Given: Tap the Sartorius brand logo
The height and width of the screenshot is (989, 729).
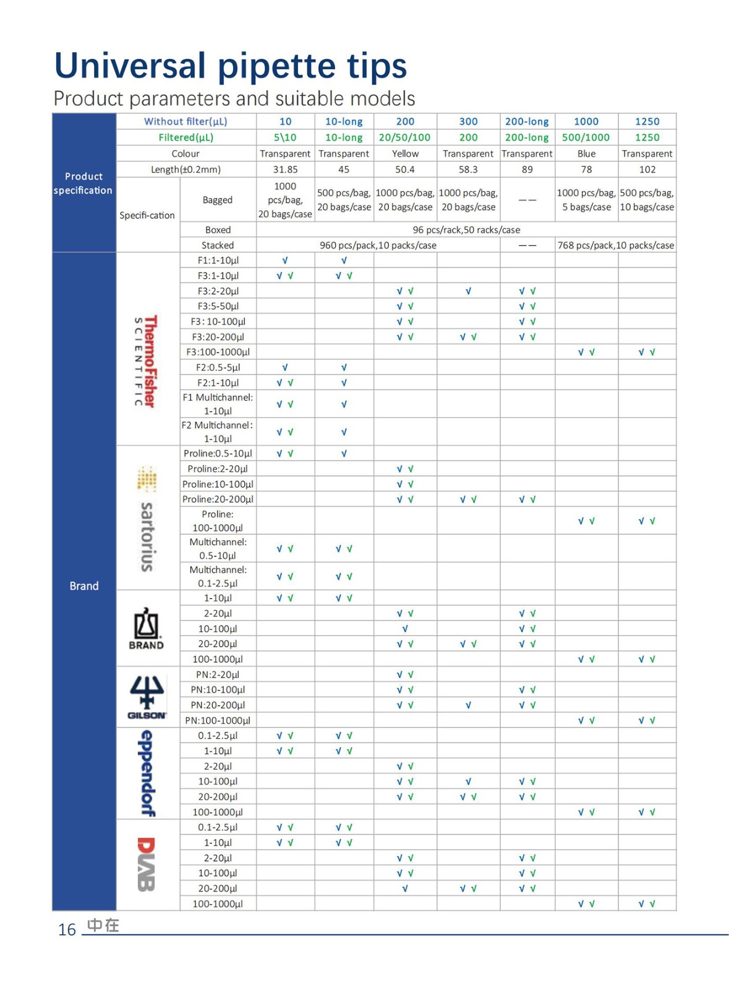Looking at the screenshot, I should click(147, 519).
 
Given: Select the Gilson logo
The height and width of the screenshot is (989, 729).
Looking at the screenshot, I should click(147, 697).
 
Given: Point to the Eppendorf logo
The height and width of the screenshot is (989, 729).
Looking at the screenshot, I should click(147, 773).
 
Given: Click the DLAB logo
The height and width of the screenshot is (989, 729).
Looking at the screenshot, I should click(146, 864).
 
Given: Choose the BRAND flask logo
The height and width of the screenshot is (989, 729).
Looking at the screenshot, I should click(147, 628).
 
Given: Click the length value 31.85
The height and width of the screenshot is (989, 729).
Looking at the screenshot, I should click(285, 169).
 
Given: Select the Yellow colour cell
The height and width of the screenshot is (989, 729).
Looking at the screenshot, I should click(405, 153).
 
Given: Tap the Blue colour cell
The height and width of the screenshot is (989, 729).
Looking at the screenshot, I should click(586, 153).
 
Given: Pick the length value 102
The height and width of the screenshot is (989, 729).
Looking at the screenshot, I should click(647, 169).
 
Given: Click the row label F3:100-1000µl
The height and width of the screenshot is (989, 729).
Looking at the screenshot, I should click(218, 352).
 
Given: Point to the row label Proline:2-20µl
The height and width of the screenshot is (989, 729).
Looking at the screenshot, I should click(218, 469).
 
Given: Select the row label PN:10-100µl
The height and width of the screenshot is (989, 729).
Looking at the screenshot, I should click(218, 690).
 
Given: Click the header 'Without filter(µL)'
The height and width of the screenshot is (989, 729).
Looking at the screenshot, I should click(185, 122).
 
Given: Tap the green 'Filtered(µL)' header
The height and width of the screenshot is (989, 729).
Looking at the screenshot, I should click(185, 137).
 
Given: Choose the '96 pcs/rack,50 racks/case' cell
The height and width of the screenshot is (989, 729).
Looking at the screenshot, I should click(466, 230).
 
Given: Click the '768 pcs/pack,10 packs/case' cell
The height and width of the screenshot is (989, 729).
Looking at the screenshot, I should click(615, 245).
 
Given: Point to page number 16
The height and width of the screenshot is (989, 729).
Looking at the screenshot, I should click(66, 930).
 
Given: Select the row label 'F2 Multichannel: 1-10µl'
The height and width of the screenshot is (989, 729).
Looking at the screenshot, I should click(218, 431).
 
